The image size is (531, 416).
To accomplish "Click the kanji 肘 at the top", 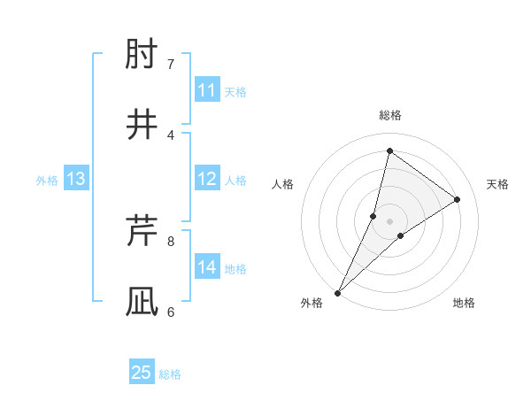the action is click(142, 56).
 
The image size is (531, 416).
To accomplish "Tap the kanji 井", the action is click(142, 124).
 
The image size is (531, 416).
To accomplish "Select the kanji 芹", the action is click(142, 232).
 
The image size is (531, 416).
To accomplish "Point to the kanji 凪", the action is click(142, 301).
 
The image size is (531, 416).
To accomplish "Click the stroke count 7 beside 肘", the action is click(171, 65).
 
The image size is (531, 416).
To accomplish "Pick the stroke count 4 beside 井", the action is click(171, 135).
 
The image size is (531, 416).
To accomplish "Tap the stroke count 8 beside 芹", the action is click(171, 241).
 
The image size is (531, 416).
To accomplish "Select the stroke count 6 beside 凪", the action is click(171, 311).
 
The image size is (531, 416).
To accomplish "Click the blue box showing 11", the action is click(207, 90).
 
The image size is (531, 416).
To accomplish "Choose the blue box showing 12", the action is click(207, 179).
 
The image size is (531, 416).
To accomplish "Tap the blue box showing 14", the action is click(207, 267).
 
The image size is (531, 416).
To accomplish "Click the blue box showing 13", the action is click(76, 180).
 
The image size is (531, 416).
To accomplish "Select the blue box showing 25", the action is click(142, 373).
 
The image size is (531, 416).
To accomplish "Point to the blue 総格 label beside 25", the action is click(171, 374).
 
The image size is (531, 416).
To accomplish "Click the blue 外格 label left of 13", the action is click(47, 181).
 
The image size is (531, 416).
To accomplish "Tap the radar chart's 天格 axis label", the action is click(497, 184).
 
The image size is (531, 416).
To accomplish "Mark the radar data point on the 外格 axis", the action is click(337, 292).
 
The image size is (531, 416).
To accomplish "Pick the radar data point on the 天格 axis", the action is click(458, 199).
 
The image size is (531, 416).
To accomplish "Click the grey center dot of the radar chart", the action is click(390, 220).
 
